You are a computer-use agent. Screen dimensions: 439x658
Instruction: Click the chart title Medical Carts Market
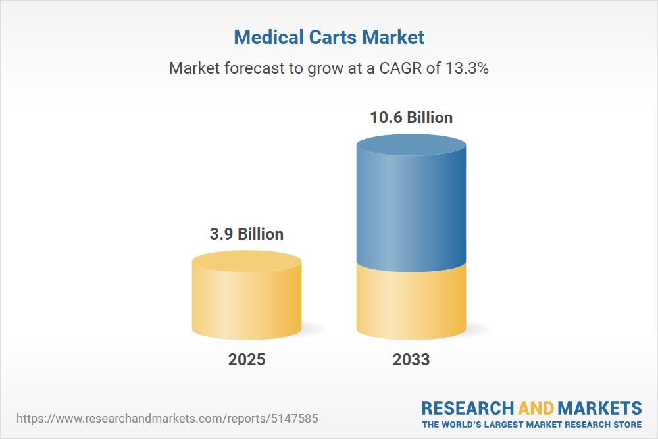tap(329, 38)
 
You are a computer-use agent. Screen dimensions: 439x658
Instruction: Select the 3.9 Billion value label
tap(247, 234)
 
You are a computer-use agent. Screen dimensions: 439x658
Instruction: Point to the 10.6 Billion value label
tap(411, 118)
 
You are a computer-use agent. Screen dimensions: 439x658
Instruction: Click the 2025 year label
tap(247, 359)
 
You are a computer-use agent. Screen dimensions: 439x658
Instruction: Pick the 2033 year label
tap(411, 359)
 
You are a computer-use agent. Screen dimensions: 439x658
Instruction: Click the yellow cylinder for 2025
tap(247, 303)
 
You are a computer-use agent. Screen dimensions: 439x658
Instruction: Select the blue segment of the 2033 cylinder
tap(411, 211)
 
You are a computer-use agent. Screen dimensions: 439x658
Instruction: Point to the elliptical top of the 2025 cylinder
tap(247, 261)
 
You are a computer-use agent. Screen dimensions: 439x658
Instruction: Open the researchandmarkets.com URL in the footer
tap(167, 418)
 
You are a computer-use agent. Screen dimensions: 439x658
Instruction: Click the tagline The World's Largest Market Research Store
tap(532, 425)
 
